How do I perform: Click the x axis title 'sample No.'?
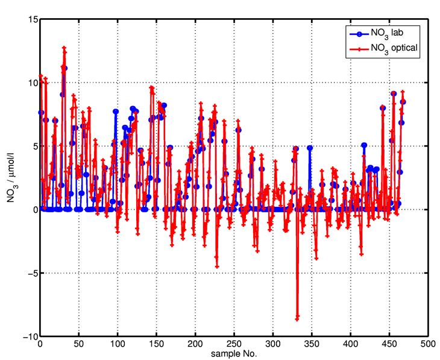point(234,354)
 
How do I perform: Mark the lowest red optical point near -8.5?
point(297,318)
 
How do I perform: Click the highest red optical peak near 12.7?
point(64,48)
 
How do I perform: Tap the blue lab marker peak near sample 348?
point(310,148)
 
